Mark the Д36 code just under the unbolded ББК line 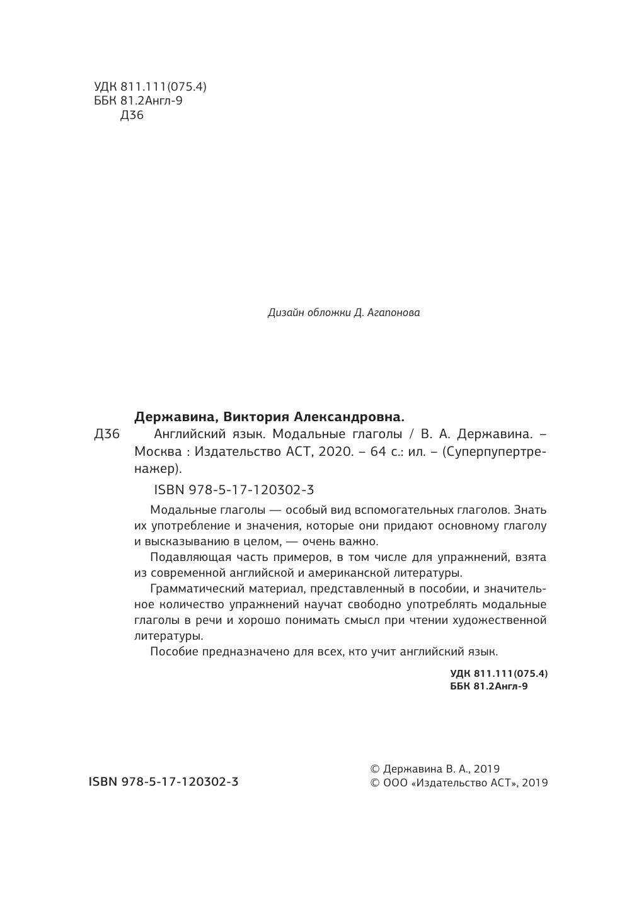click(131, 115)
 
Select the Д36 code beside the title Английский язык click(107, 435)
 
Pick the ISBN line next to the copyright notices click(163, 782)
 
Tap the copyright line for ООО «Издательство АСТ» click(459, 783)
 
